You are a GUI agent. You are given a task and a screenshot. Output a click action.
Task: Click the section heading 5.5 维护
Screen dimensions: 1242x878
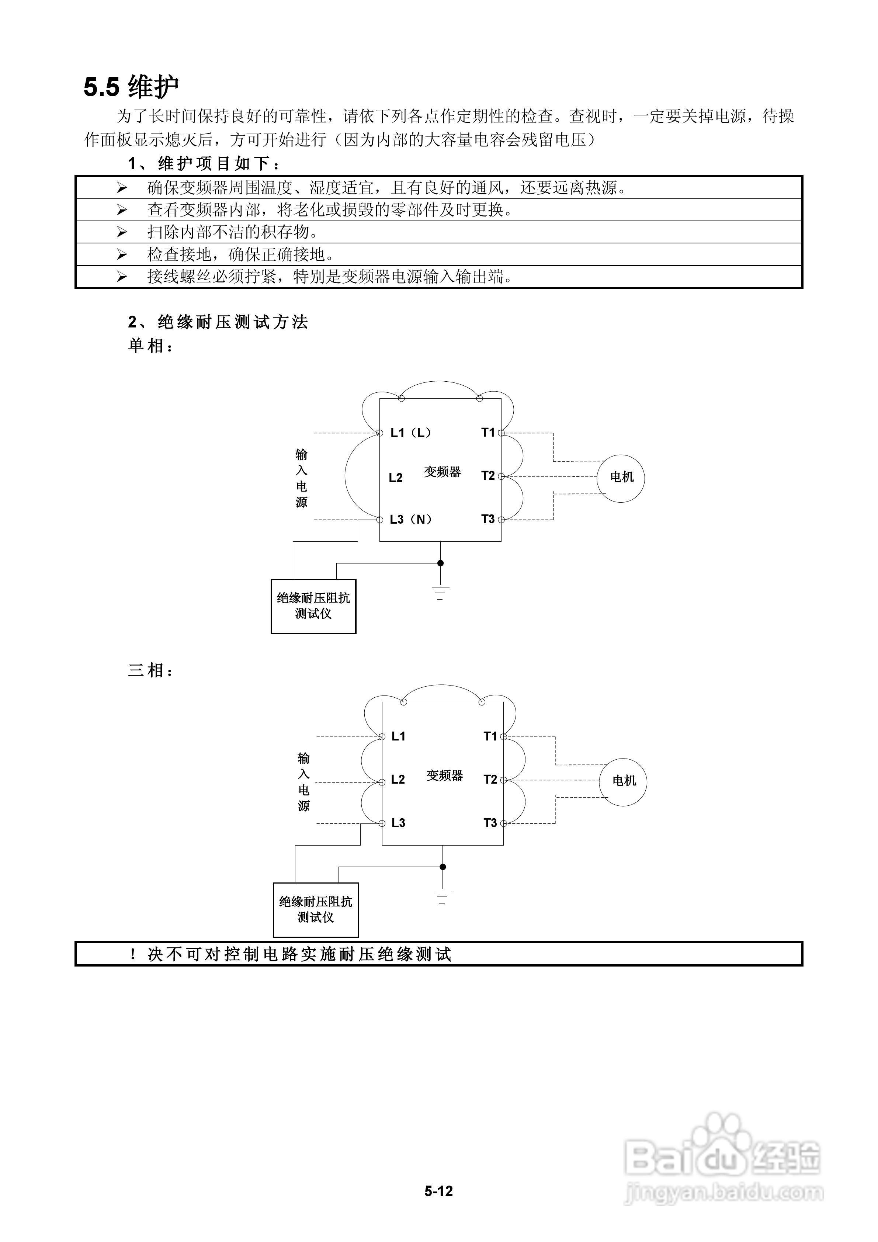pos(131,87)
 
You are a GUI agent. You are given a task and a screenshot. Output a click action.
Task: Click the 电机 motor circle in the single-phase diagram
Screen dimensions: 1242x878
pos(621,478)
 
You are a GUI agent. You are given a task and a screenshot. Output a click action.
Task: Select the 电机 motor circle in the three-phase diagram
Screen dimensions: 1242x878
pos(623,781)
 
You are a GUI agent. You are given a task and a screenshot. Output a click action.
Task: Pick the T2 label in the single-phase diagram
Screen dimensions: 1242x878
pos(488,476)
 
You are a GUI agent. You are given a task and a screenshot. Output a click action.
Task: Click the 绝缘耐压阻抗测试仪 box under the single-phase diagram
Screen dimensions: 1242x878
pos(313,606)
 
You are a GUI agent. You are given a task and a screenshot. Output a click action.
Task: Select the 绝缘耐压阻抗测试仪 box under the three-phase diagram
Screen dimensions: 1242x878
pos(315,910)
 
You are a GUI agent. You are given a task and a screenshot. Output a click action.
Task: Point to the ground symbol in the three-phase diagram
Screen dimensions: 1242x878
pos(443,896)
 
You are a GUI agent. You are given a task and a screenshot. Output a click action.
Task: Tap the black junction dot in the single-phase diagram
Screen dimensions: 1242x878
pos(440,563)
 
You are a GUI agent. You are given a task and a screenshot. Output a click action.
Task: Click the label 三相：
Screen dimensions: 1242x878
pos(150,671)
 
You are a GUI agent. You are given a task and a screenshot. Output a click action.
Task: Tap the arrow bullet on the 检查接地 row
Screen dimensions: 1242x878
pos(122,254)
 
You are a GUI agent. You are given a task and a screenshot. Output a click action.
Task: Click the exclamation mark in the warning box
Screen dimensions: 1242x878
pos(132,955)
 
